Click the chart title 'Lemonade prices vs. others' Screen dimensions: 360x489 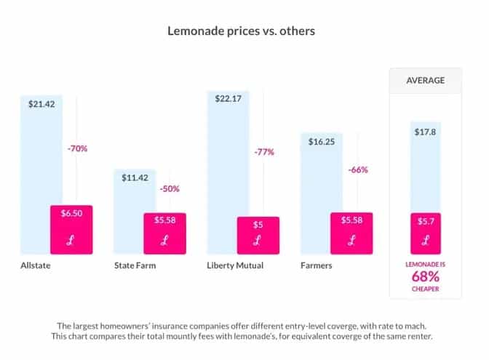[x=243, y=31]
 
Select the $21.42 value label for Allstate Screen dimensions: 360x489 [x=41, y=104]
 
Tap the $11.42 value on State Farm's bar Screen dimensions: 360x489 [x=135, y=178]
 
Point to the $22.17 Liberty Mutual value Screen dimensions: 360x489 [x=228, y=99]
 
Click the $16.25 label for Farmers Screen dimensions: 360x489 [x=322, y=142]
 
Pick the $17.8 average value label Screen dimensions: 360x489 [x=425, y=132]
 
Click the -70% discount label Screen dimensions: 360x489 [x=77, y=148]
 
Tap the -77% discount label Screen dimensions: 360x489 [x=263, y=152]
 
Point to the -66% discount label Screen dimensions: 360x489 [x=357, y=169]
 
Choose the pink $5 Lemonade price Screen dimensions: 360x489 [x=258, y=225]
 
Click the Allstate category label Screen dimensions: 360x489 [x=36, y=265]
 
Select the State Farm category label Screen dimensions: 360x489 [x=135, y=265]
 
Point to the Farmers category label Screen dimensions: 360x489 [x=316, y=265]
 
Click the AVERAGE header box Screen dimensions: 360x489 [x=425, y=80]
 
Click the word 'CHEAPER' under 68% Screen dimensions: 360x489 [x=425, y=289]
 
